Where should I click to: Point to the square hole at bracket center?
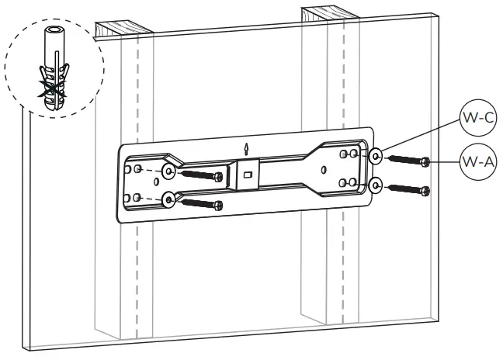[x=248, y=175]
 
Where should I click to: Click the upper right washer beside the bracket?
[x=375, y=157]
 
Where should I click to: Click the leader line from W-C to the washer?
[x=419, y=137]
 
